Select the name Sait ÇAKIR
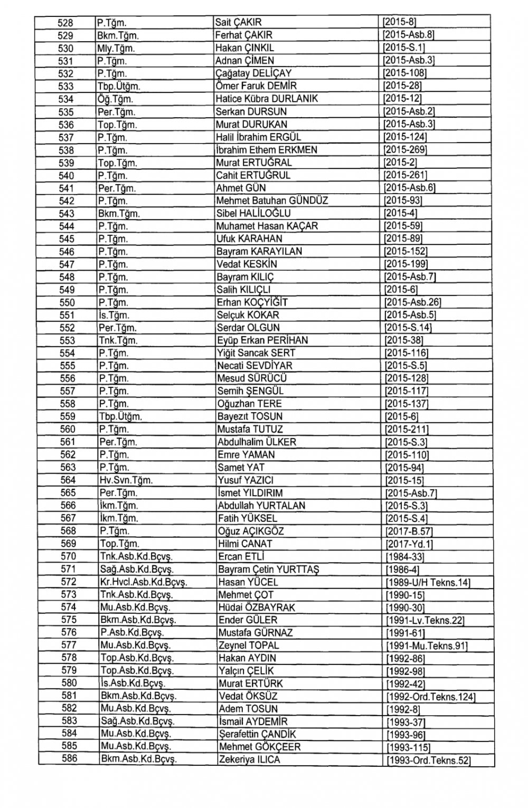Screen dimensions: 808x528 (238, 22)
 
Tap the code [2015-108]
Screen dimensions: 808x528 (404, 73)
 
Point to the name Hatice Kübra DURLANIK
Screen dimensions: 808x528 (267, 99)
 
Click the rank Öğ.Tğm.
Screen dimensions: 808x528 (115, 99)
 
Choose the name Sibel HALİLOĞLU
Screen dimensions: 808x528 (253, 213)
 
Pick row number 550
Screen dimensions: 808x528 (67, 302)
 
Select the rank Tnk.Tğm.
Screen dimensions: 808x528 (118, 340)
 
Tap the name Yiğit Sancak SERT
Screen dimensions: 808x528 (256, 353)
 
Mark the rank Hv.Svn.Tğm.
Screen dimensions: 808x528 (126, 480)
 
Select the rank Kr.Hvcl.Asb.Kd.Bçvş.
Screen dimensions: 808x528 (144, 582)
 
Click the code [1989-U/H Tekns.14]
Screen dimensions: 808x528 (428, 583)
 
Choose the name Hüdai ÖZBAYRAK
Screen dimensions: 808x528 (257, 607)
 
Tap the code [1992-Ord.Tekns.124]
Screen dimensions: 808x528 (431, 697)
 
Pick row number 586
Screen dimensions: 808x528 (69, 759)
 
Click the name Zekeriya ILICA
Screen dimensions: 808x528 (249, 760)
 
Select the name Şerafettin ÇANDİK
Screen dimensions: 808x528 (257, 734)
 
